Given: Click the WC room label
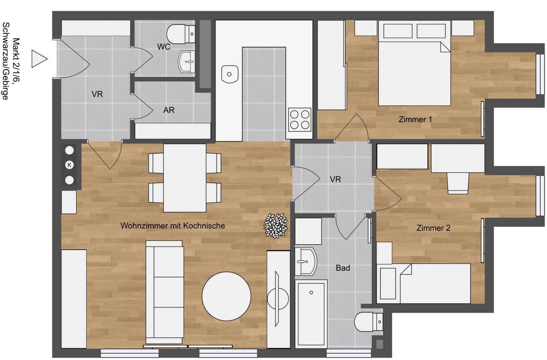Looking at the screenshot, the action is pyautogui.click(x=164, y=47).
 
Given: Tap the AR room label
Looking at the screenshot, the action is pyautogui.click(x=169, y=110).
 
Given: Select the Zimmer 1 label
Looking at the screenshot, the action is pyautogui.click(x=415, y=119).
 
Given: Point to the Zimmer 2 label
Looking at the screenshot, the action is pyautogui.click(x=433, y=228).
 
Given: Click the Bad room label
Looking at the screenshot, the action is pyautogui.click(x=343, y=268).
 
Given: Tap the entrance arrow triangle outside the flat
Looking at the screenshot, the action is pyautogui.click(x=39, y=59).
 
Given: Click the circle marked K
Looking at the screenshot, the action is pyautogui.click(x=69, y=165).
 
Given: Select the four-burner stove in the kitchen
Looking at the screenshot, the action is pyautogui.click(x=300, y=120).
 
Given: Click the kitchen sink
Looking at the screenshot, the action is pyautogui.click(x=229, y=74).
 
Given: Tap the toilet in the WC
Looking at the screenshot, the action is pyautogui.click(x=181, y=34).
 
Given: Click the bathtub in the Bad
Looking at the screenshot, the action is pyautogui.click(x=311, y=314).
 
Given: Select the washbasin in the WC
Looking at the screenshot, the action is pyautogui.click(x=187, y=62).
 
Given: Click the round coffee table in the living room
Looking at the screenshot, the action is pyautogui.click(x=226, y=296).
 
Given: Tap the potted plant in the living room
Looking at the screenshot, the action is pyautogui.click(x=276, y=226).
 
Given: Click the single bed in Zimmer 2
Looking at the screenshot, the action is pyautogui.click(x=423, y=283).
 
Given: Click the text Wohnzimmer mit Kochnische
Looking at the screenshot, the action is pyautogui.click(x=172, y=225).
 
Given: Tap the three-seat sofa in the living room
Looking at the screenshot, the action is pyautogui.click(x=165, y=292).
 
